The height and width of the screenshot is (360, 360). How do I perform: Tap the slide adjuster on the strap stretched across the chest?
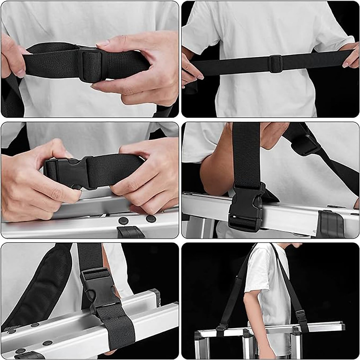pos(275,63)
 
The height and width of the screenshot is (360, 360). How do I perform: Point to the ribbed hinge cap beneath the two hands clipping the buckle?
pos(130,232)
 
